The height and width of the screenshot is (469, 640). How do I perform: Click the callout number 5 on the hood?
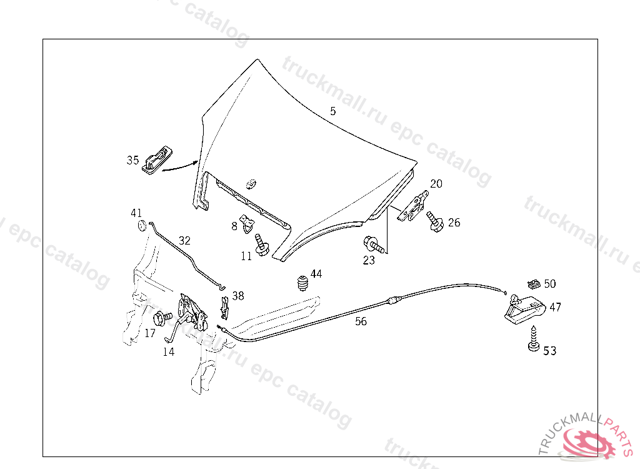click(x=333, y=111)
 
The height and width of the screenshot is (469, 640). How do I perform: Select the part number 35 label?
click(x=132, y=160)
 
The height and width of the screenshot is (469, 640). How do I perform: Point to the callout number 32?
click(x=184, y=240)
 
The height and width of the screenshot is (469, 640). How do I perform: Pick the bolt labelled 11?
click(x=261, y=245)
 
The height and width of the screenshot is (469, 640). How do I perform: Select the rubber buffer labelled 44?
click(x=303, y=282)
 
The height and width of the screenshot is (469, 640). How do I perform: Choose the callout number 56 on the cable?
click(x=361, y=321)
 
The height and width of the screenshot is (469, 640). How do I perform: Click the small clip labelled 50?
click(x=533, y=283)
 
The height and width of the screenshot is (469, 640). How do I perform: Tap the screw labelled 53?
click(x=533, y=341)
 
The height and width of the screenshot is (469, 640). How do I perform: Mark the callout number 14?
click(x=169, y=351)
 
